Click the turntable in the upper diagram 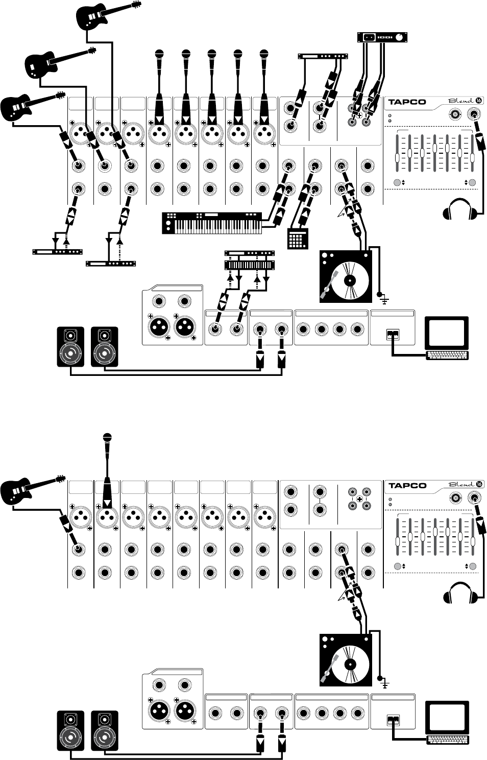pos(345,276)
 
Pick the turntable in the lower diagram pos(345,660)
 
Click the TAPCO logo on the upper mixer pos(407,102)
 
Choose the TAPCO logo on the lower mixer pos(407,485)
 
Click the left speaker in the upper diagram pos(70,347)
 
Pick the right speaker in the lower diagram pos(105,731)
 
